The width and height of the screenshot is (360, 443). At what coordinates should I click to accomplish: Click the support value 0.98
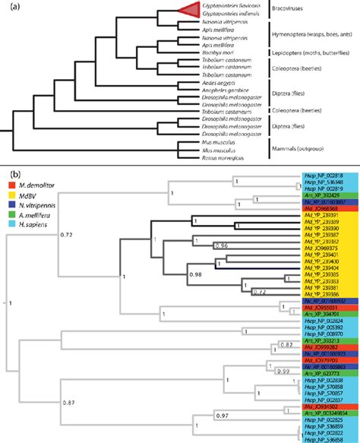pyautogui.click(x=196, y=274)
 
